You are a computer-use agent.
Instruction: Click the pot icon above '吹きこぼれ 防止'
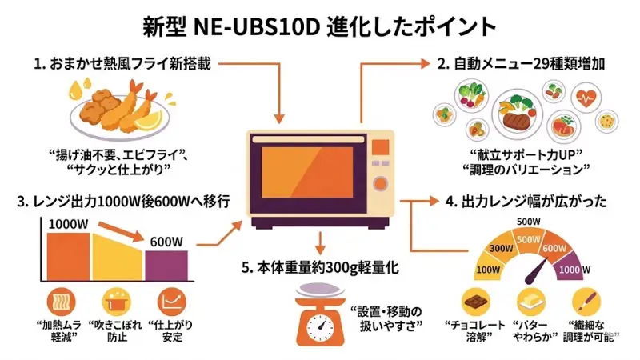(x=114, y=302)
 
